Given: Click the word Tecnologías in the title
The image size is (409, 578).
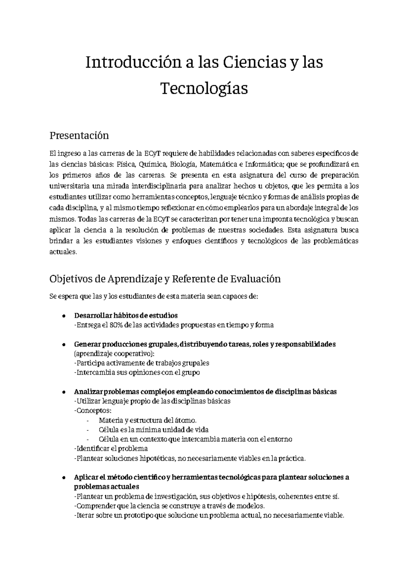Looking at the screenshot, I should [204, 89].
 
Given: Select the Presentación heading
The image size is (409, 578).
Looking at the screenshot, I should [79, 135].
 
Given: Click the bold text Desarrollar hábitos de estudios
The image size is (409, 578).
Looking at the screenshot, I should [125, 315].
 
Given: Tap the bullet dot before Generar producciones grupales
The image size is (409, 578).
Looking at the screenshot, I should [64, 345].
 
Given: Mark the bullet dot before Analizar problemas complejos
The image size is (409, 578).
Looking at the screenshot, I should [64, 392].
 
